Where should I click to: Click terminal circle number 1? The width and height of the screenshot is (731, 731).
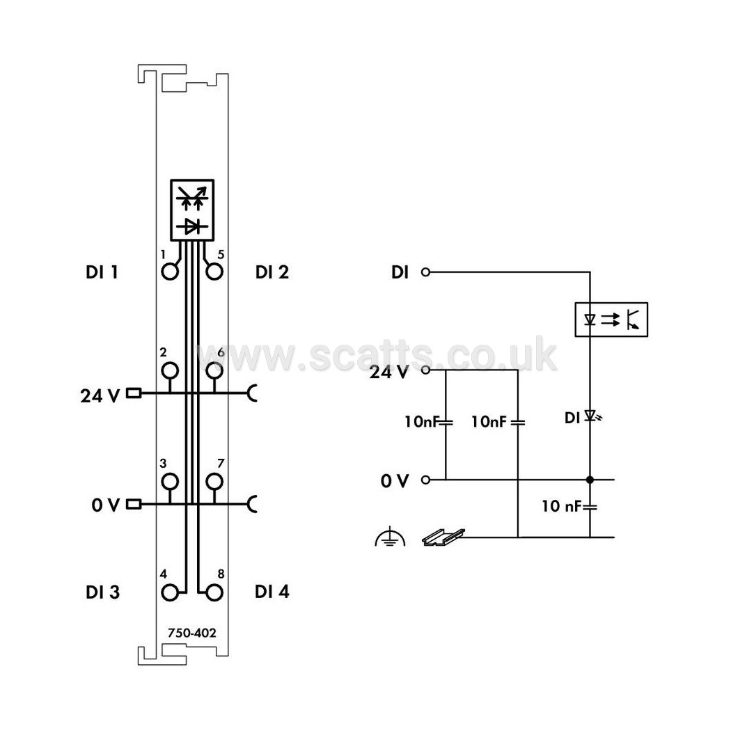170,279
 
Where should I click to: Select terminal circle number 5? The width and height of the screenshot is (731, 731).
214,279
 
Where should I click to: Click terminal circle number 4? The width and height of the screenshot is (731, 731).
170,602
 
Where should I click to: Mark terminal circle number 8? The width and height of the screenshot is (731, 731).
214,602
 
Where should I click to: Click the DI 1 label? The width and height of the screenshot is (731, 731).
102,272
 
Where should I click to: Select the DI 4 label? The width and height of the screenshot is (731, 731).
272,592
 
